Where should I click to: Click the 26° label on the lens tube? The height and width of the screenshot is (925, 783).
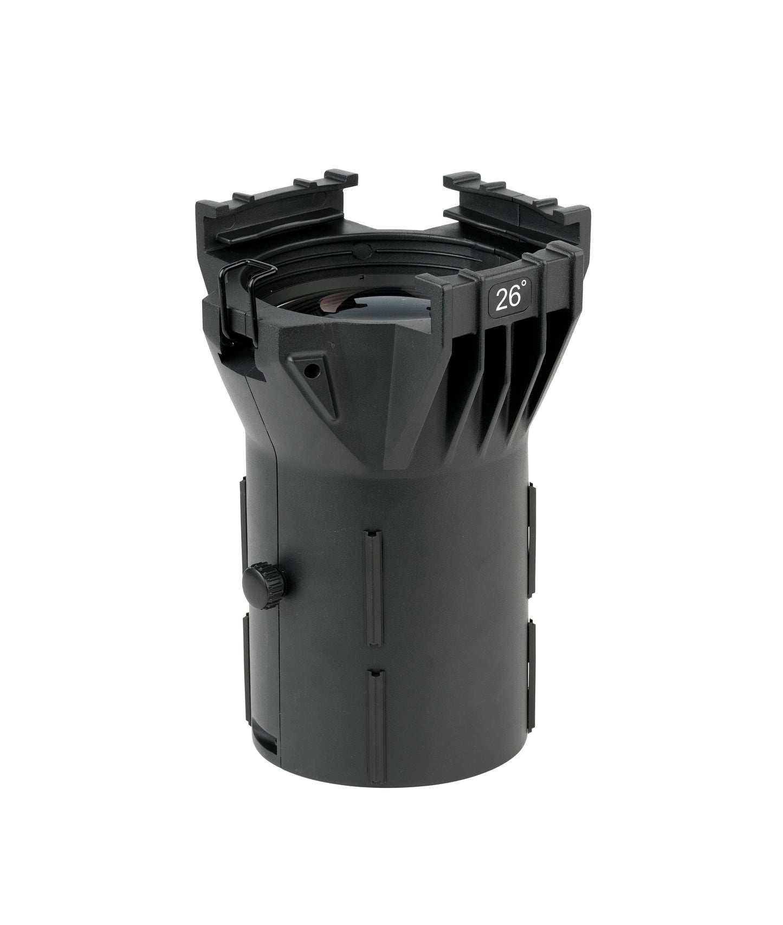510,297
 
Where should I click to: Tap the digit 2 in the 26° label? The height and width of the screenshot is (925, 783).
501,299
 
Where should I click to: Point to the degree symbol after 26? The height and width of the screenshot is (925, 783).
523,291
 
